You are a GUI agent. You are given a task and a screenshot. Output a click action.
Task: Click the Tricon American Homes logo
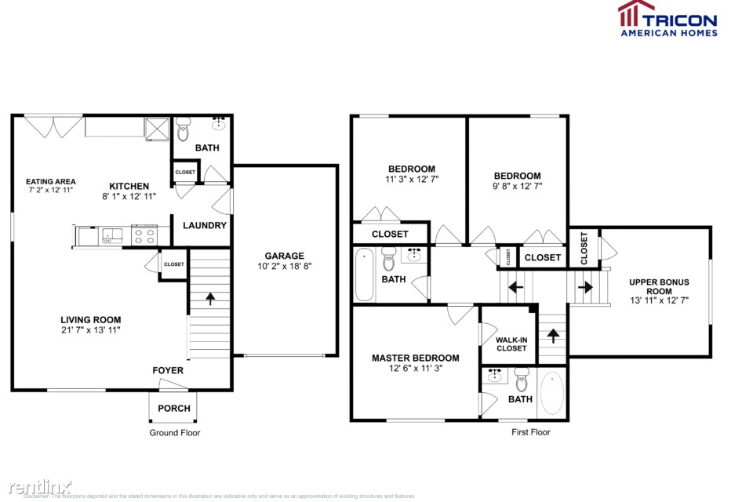(668, 19)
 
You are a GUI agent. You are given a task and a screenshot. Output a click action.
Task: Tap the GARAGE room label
(284, 256)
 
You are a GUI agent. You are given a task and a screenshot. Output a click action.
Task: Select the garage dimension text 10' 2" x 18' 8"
(284, 267)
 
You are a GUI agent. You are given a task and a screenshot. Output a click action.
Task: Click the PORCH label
(173, 408)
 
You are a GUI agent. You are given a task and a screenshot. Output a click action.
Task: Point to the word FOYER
(168, 370)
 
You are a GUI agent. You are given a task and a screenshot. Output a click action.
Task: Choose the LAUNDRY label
(205, 226)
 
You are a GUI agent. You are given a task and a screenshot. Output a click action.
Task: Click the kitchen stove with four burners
(144, 234)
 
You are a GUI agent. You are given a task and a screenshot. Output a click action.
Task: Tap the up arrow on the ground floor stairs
(209, 298)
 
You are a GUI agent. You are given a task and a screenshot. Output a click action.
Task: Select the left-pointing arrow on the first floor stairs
(515, 287)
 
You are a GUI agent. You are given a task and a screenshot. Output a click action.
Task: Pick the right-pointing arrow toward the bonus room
(585, 287)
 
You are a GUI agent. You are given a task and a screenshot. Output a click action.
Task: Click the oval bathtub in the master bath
(552, 393)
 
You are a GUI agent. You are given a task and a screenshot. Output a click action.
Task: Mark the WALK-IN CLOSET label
(511, 343)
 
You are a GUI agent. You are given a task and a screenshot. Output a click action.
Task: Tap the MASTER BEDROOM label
(415, 358)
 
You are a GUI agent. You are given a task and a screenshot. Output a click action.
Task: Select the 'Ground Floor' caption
(175, 432)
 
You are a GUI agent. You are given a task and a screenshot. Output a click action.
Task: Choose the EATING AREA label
(50, 181)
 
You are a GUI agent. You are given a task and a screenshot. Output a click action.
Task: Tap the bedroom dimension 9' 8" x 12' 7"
(517, 187)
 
